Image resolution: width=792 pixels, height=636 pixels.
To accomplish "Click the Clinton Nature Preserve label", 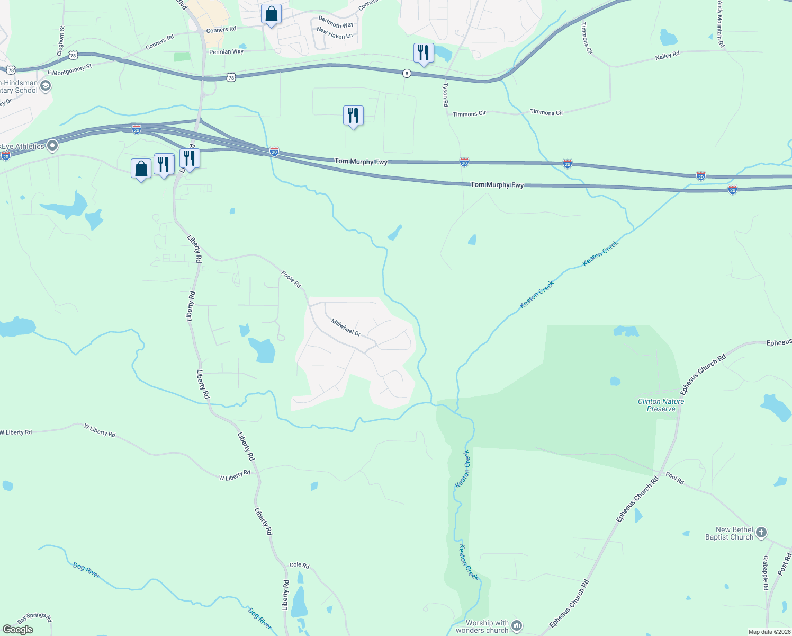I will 661,405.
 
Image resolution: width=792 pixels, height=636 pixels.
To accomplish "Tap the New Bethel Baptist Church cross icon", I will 761,533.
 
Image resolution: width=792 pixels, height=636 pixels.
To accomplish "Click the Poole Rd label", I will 291,279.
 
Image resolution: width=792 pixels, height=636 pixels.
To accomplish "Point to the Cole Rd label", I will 299,565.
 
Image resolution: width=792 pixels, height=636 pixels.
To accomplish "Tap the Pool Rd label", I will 675,478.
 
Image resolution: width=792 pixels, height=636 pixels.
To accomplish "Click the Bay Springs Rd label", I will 35,617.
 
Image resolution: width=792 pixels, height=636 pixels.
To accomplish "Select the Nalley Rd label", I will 667,56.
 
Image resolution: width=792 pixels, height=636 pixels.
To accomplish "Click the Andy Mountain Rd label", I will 721,24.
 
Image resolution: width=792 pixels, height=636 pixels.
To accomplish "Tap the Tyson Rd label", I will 445,94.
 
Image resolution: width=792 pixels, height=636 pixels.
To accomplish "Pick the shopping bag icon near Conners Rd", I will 271,14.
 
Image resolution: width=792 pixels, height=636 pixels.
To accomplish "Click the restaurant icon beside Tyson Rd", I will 423,52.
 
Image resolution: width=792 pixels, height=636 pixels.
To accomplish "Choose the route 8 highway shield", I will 407,73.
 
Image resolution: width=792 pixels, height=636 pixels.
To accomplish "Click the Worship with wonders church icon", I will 517,626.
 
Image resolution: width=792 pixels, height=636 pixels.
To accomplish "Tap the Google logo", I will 18,629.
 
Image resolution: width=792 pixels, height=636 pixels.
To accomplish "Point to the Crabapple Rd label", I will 766,573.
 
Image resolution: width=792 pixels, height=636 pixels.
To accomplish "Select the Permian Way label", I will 226,51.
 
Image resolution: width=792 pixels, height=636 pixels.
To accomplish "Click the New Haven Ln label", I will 335,33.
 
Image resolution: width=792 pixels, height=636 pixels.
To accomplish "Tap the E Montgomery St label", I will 69,69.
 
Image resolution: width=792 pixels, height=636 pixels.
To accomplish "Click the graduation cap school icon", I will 46,86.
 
